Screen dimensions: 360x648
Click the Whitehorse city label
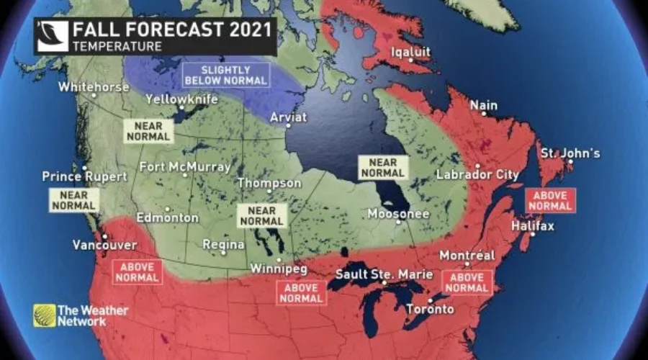[x=94, y=86]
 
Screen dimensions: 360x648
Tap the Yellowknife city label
[x=181, y=99]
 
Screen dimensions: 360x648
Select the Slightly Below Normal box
[x=225, y=75]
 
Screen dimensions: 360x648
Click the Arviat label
[x=288, y=117]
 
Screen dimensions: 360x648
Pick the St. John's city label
[x=570, y=153]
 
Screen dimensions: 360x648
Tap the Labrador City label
[x=477, y=175]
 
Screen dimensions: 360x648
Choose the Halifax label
[x=532, y=226]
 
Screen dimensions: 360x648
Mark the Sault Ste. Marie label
[x=384, y=274]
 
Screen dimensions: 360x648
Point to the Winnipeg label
[x=279, y=269]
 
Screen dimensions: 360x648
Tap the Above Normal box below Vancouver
[x=137, y=271]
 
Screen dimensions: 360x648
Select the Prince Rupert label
[x=84, y=176]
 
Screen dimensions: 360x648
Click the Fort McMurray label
[x=185, y=167]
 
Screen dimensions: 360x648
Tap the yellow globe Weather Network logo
[x=44, y=315]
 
